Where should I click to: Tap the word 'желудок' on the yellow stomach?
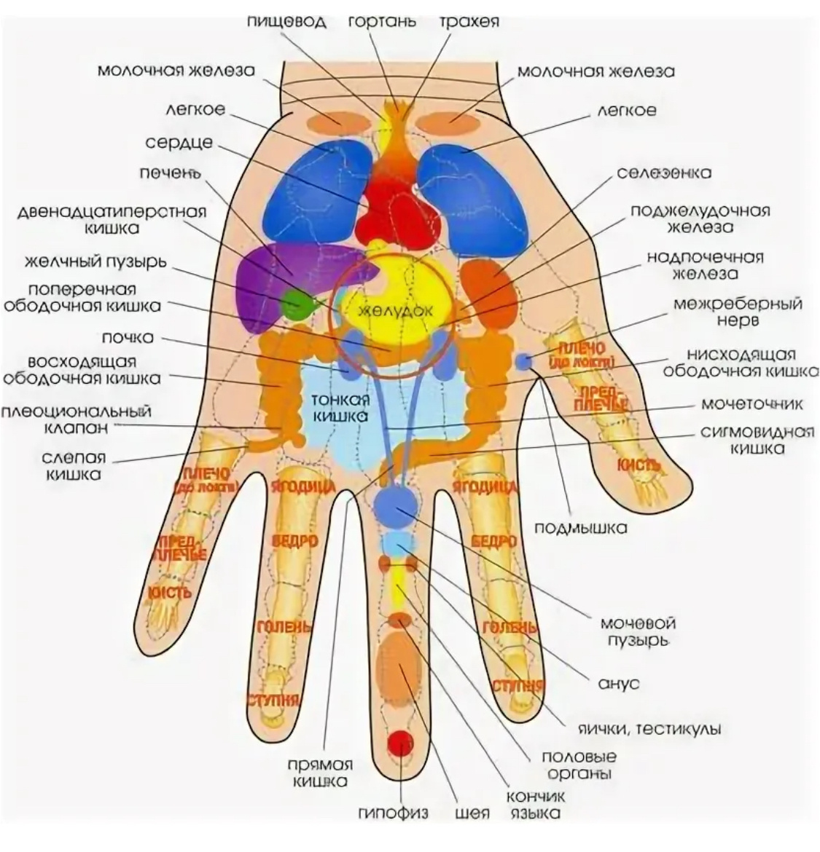point(397,309)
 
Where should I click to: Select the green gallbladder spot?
point(296,304)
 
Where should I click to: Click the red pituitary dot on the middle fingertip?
point(399,743)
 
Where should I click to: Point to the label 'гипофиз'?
point(393,813)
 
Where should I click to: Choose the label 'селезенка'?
point(664,173)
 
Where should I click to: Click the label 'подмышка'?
point(581,528)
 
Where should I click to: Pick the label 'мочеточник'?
point(752,403)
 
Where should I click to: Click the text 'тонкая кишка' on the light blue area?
point(341,408)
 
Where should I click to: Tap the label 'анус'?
point(618,683)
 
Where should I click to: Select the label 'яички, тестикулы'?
point(649,728)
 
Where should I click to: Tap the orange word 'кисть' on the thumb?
point(639,464)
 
